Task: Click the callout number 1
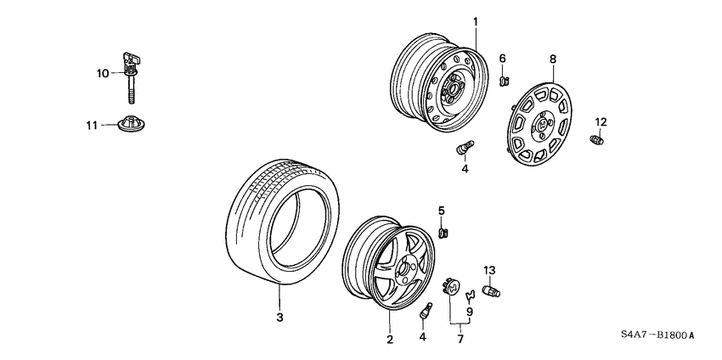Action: click(x=476, y=20)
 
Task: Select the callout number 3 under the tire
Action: click(x=279, y=318)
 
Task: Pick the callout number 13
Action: click(x=489, y=270)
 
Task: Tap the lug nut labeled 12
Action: click(x=598, y=138)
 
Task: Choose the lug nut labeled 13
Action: click(x=491, y=292)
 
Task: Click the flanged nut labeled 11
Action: click(x=131, y=124)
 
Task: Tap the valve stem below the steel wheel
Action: click(x=464, y=149)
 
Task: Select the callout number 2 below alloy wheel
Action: click(x=390, y=340)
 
